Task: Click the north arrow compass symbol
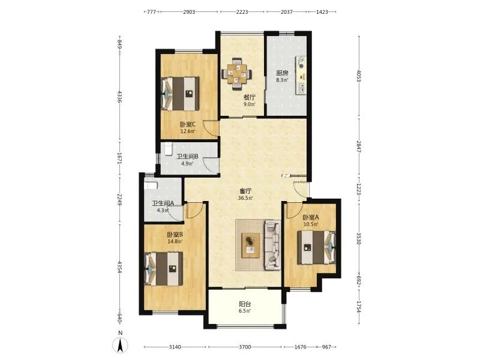(x=121, y=346)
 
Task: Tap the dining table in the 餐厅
(x=236, y=74)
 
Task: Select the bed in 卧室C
(x=181, y=94)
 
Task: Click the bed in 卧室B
(x=164, y=269)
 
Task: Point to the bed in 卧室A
(x=317, y=247)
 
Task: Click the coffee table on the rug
(x=251, y=245)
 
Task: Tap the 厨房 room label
(x=282, y=73)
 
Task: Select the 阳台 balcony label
(x=245, y=304)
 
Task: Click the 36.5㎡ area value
(x=245, y=198)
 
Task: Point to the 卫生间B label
(x=187, y=157)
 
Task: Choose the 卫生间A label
(x=163, y=203)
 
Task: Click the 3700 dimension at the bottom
(x=245, y=347)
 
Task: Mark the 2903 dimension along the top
(x=189, y=12)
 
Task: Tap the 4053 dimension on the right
(x=359, y=76)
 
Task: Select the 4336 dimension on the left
(x=119, y=97)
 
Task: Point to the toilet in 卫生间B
(x=167, y=149)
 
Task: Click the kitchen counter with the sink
(x=301, y=76)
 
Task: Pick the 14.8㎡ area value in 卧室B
(x=175, y=242)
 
